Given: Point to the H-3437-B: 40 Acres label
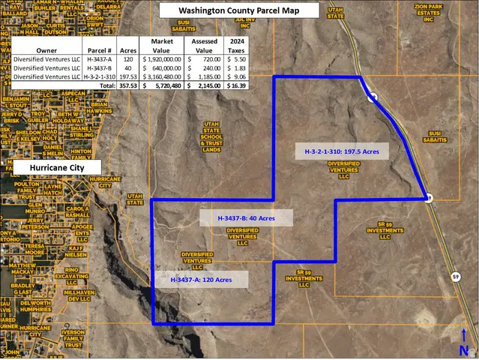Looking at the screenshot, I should point(246,218).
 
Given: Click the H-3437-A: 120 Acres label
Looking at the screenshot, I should point(200,279).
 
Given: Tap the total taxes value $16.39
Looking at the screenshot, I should point(236,85).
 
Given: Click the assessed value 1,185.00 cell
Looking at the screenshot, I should point(204,76).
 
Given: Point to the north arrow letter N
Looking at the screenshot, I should point(465,350).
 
